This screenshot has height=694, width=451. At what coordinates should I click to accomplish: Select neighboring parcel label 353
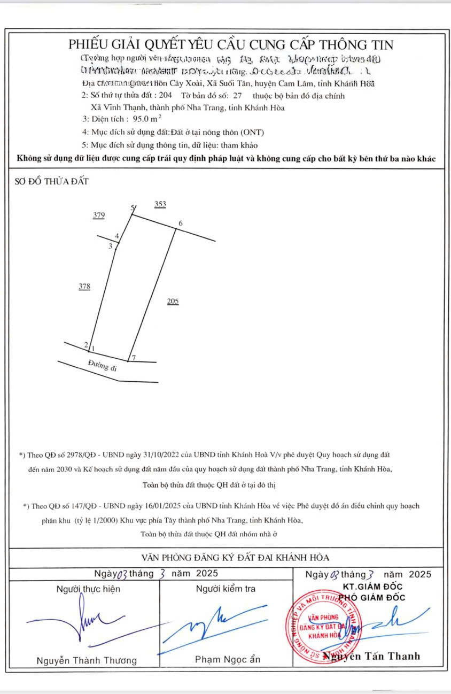[x=160, y=204]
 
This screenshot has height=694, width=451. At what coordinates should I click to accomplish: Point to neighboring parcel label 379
[x=98, y=215]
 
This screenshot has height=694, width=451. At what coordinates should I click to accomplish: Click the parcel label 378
[x=84, y=287]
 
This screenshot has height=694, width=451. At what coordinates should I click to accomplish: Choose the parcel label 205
[x=173, y=302]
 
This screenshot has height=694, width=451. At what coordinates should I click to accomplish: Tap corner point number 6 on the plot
[x=181, y=223]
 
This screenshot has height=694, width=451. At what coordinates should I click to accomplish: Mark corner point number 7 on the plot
[x=134, y=357]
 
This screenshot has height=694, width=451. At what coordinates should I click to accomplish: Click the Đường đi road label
[x=103, y=366]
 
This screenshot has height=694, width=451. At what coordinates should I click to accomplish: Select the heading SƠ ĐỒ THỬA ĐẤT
[x=52, y=181]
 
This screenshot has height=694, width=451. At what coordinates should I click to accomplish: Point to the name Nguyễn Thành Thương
[x=87, y=660]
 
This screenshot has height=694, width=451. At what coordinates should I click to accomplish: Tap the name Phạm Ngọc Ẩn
[x=228, y=659]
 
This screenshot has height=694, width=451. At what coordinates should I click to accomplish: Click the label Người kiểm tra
[x=226, y=589]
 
